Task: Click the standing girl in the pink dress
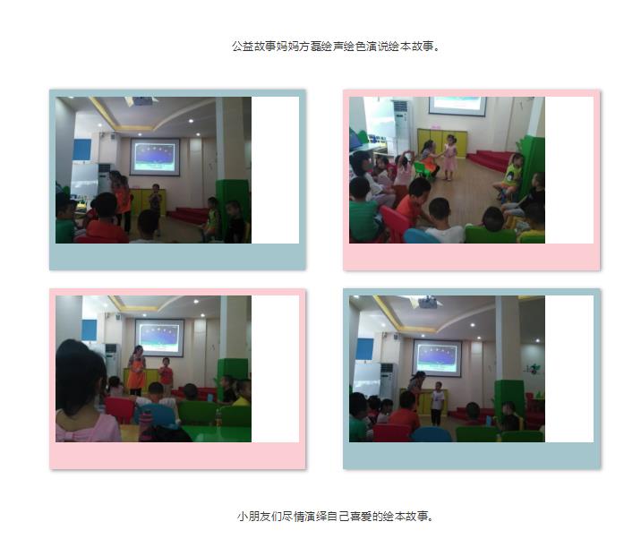coord(449,157)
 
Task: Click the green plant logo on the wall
coord(533,369)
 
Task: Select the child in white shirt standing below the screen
coord(437,403)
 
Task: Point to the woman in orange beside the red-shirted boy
coord(137,370)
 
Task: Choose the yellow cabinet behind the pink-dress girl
coord(442,142)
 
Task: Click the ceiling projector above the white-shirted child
coord(428,303)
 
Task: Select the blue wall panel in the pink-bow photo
coord(90,330)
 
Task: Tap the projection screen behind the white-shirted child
coord(437,358)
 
